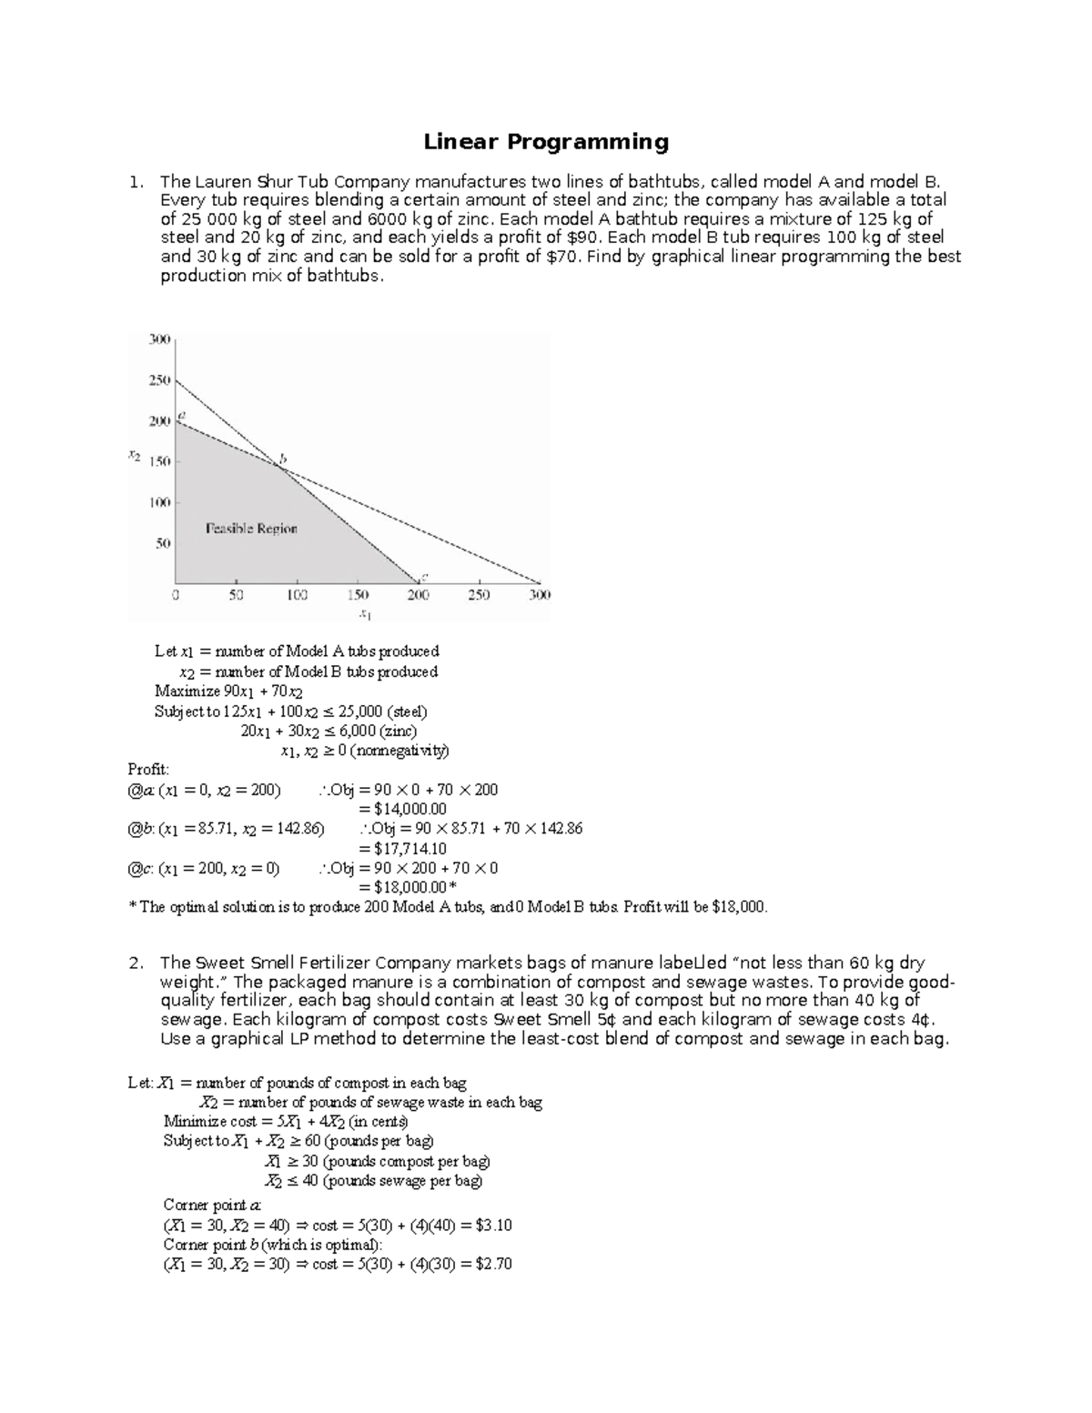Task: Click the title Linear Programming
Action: (546, 142)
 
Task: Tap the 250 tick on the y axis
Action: (159, 380)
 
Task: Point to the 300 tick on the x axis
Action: (540, 595)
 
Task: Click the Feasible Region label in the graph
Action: (251, 529)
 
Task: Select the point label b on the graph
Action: (283, 459)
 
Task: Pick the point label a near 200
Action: (182, 415)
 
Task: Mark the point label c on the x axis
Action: (424, 575)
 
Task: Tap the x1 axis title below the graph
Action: (365, 615)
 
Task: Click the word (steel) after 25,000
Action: (407, 712)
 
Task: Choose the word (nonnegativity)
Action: (401, 752)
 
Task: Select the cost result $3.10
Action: (493, 1226)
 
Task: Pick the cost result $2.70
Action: (493, 1265)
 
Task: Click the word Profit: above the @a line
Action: (148, 770)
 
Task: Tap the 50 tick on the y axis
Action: (163, 543)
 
